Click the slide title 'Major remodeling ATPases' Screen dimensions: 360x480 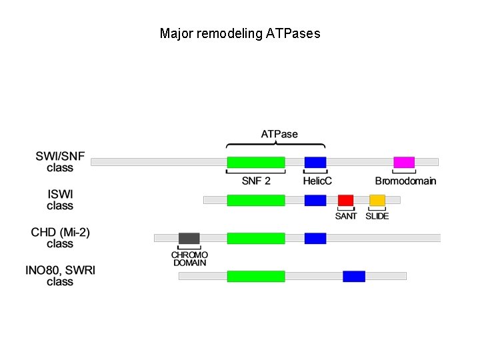pos(240,33)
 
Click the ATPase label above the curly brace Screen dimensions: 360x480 pos(279,134)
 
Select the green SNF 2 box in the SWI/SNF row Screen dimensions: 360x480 pos(256,162)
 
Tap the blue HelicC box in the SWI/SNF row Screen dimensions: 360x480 pos(315,162)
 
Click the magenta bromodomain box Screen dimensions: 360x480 pos(404,162)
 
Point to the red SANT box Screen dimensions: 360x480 pos(345,200)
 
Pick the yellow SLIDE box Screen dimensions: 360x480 pos(377,200)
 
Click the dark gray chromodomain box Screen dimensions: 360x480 pos(189,238)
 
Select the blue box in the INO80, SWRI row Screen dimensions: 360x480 pos(354,276)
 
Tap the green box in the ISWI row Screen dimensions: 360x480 pos(256,200)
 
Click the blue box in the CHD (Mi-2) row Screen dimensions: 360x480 pos(315,238)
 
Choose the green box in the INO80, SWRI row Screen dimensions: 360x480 pos(256,276)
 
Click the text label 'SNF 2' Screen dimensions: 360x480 pos(256,181)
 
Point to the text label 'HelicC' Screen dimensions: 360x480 pos(317,181)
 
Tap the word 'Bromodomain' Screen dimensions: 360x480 pos(405,181)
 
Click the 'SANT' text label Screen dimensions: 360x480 pos(345,216)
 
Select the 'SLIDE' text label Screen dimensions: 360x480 pos(377,216)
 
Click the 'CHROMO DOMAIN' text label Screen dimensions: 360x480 pos(190,259)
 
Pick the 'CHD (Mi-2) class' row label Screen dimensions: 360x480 pos(60,238)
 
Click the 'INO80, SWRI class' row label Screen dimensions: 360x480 pos(60,276)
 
